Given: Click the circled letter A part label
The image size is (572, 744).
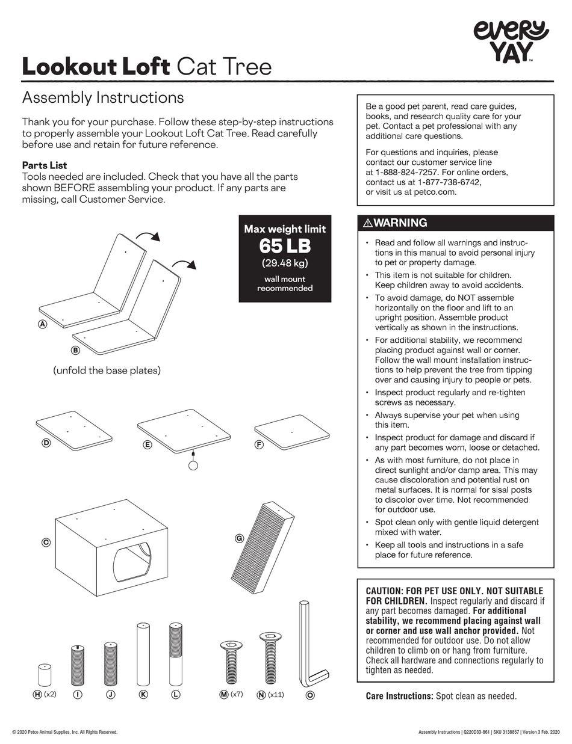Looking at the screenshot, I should pyautogui.click(x=42, y=324).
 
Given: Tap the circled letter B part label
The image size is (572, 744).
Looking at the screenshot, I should pyautogui.click(x=75, y=349).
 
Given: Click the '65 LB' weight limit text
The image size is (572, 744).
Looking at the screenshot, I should pyautogui.click(x=285, y=246).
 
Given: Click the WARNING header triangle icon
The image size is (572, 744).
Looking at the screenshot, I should pyautogui.click(x=368, y=223).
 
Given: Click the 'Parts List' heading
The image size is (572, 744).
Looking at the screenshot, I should pyautogui.click(x=45, y=165).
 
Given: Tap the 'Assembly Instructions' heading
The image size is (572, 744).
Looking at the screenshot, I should pyautogui.click(x=102, y=97).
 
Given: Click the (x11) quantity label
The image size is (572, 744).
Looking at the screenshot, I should pyautogui.click(x=276, y=695).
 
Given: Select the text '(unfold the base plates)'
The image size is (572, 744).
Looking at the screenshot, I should pyautogui.click(x=107, y=370).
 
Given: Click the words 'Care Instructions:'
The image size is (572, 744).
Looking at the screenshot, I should pyautogui.click(x=399, y=696).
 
